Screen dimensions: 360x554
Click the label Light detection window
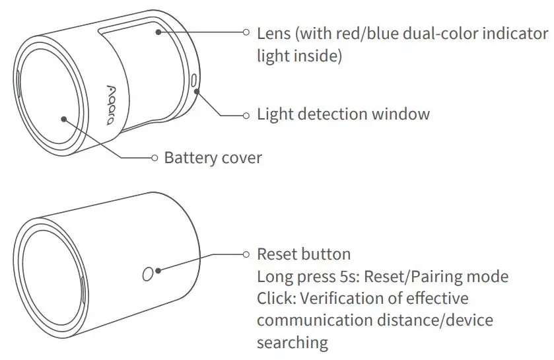tap(343, 114)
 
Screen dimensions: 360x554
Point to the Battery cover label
tap(213, 158)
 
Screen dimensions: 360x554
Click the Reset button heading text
tap(304, 254)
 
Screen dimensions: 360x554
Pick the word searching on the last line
tap(292, 343)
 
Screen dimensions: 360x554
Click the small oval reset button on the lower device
tap(148, 273)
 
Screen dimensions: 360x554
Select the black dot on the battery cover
tap(63, 119)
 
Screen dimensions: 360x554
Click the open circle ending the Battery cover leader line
tap(155, 158)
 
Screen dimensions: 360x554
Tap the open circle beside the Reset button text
tap(246, 254)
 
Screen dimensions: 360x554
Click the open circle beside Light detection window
tap(246, 115)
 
